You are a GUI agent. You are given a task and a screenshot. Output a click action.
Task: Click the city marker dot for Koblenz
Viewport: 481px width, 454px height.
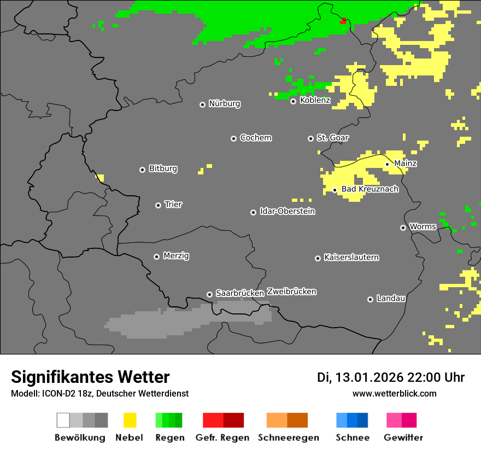(x=293, y=101)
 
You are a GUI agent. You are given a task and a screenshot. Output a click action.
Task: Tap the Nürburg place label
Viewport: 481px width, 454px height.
(x=224, y=103)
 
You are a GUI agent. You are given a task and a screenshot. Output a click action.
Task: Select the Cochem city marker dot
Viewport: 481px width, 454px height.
(x=233, y=138)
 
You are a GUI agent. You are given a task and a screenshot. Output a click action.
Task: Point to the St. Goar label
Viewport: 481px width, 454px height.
(x=332, y=138)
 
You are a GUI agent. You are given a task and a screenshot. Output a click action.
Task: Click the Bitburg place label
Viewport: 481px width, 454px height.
(x=163, y=168)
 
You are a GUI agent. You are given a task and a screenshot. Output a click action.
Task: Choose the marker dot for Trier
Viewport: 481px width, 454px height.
(x=158, y=205)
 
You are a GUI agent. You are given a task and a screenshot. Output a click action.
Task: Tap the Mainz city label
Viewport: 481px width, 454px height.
(x=405, y=163)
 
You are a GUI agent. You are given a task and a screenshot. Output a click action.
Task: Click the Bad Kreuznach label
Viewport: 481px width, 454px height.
(x=369, y=189)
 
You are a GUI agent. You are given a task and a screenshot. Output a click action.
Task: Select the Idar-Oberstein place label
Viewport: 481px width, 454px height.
(x=287, y=211)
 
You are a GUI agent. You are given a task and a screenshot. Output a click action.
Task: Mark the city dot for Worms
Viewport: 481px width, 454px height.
(x=403, y=228)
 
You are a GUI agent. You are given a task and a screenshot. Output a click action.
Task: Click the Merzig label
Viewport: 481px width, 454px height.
(x=176, y=255)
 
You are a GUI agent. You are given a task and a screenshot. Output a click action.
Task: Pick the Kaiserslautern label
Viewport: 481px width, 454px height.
(x=351, y=257)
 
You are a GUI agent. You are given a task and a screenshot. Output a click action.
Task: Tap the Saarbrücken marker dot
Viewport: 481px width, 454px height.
(x=209, y=294)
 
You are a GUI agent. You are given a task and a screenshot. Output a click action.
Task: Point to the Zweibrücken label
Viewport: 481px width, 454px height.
(x=291, y=292)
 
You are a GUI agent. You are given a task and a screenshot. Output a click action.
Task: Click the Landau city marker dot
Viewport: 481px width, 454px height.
(x=370, y=299)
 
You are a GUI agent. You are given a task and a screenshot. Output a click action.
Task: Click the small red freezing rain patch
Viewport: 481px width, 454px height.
(x=343, y=21)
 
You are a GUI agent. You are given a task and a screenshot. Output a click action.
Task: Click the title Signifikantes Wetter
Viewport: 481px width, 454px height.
(x=90, y=377)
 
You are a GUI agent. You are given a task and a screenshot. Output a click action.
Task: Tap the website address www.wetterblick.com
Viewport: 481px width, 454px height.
(x=394, y=393)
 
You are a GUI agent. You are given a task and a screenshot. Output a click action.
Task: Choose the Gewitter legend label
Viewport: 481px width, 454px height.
(x=403, y=438)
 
